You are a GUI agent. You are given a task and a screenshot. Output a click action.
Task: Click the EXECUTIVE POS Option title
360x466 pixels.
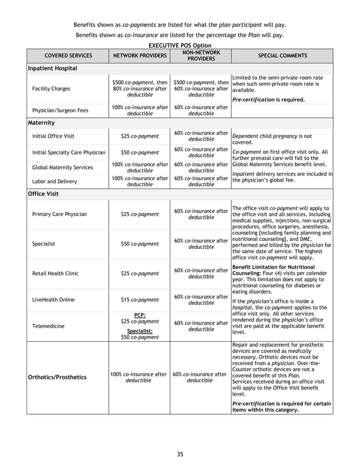[x=179, y=45]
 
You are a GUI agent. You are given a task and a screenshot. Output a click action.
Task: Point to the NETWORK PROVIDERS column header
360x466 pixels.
[x=139, y=56]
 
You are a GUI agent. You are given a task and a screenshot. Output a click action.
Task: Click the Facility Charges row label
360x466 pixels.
[x=51, y=89]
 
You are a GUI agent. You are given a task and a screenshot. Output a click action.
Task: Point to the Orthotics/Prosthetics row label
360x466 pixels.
[x=57, y=377]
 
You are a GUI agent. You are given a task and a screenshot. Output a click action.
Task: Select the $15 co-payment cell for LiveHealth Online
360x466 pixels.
[x=139, y=300]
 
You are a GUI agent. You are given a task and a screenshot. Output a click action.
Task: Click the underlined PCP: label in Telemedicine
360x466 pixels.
[x=139, y=315]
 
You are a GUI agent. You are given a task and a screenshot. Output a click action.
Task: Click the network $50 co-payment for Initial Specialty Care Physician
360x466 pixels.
[x=139, y=152]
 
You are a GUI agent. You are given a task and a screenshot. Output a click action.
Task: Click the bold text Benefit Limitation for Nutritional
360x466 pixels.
[x=273, y=266]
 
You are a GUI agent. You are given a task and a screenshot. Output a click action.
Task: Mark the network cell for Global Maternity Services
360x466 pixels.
[x=139, y=167]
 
